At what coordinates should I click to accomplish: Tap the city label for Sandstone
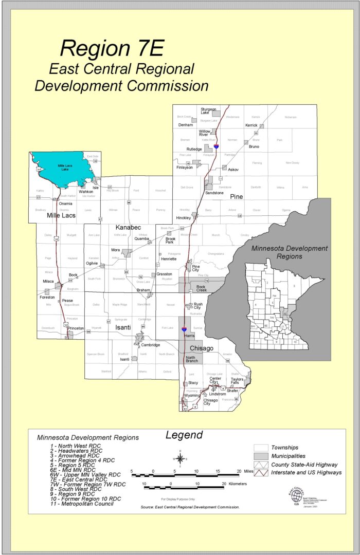(214, 193)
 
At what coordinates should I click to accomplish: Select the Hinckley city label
(184, 218)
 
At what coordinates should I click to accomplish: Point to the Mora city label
(115, 250)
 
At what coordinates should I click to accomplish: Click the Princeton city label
(76, 328)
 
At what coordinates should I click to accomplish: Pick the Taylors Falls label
(237, 381)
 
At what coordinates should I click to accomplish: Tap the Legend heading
(184, 435)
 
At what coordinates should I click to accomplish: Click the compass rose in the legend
(180, 457)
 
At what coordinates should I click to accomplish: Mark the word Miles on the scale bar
(248, 471)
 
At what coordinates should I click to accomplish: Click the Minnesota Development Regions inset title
(289, 252)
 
